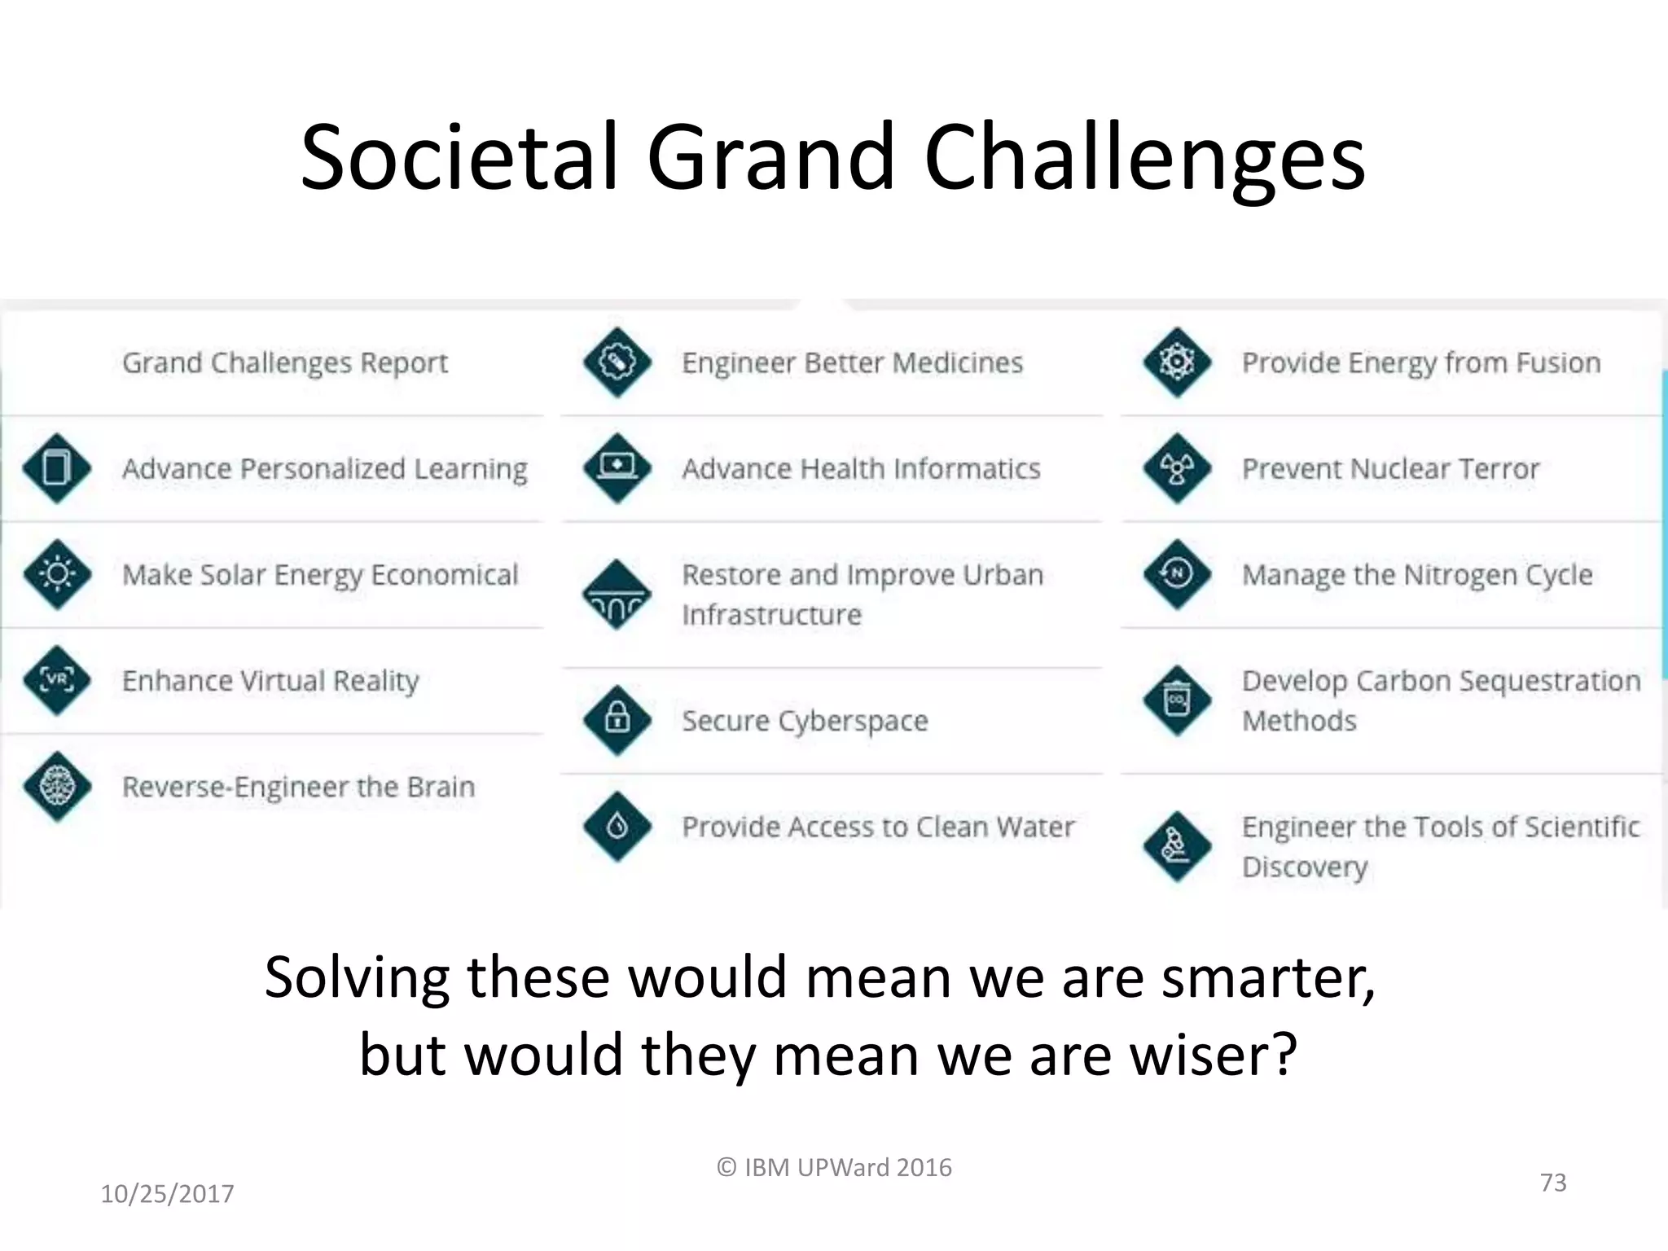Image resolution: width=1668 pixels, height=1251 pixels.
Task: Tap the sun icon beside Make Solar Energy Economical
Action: [x=57, y=574]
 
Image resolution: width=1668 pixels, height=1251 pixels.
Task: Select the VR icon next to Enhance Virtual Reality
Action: [x=57, y=680]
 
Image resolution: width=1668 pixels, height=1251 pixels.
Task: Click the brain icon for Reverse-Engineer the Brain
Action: [x=57, y=786]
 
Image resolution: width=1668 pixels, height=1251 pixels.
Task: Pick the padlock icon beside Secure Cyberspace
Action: [x=617, y=720]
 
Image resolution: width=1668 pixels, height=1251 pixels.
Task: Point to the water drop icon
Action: [x=617, y=827]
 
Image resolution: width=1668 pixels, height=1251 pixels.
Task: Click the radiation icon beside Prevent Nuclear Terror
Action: [x=1177, y=468]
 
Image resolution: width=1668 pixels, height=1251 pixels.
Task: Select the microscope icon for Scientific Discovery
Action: [x=1177, y=846]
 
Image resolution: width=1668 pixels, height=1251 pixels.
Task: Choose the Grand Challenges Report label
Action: [x=285, y=362]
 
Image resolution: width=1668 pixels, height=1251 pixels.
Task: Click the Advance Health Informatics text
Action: [x=861, y=468]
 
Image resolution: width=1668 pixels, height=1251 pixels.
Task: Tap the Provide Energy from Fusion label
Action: [x=1421, y=362]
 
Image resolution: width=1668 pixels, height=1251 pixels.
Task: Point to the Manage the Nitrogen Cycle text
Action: [x=1417, y=574]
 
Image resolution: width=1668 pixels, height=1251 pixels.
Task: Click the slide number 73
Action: [x=1553, y=1182]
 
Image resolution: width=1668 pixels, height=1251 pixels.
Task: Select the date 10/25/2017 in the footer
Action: [x=167, y=1193]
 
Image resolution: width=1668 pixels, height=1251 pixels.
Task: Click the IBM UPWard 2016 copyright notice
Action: [x=834, y=1167]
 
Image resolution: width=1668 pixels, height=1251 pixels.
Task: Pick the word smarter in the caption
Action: [x=1267, y=977]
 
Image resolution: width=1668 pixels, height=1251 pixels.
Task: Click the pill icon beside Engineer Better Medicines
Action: [x=617, y=362]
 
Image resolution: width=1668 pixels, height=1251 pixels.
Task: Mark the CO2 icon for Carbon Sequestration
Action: [x=1177, y=700]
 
